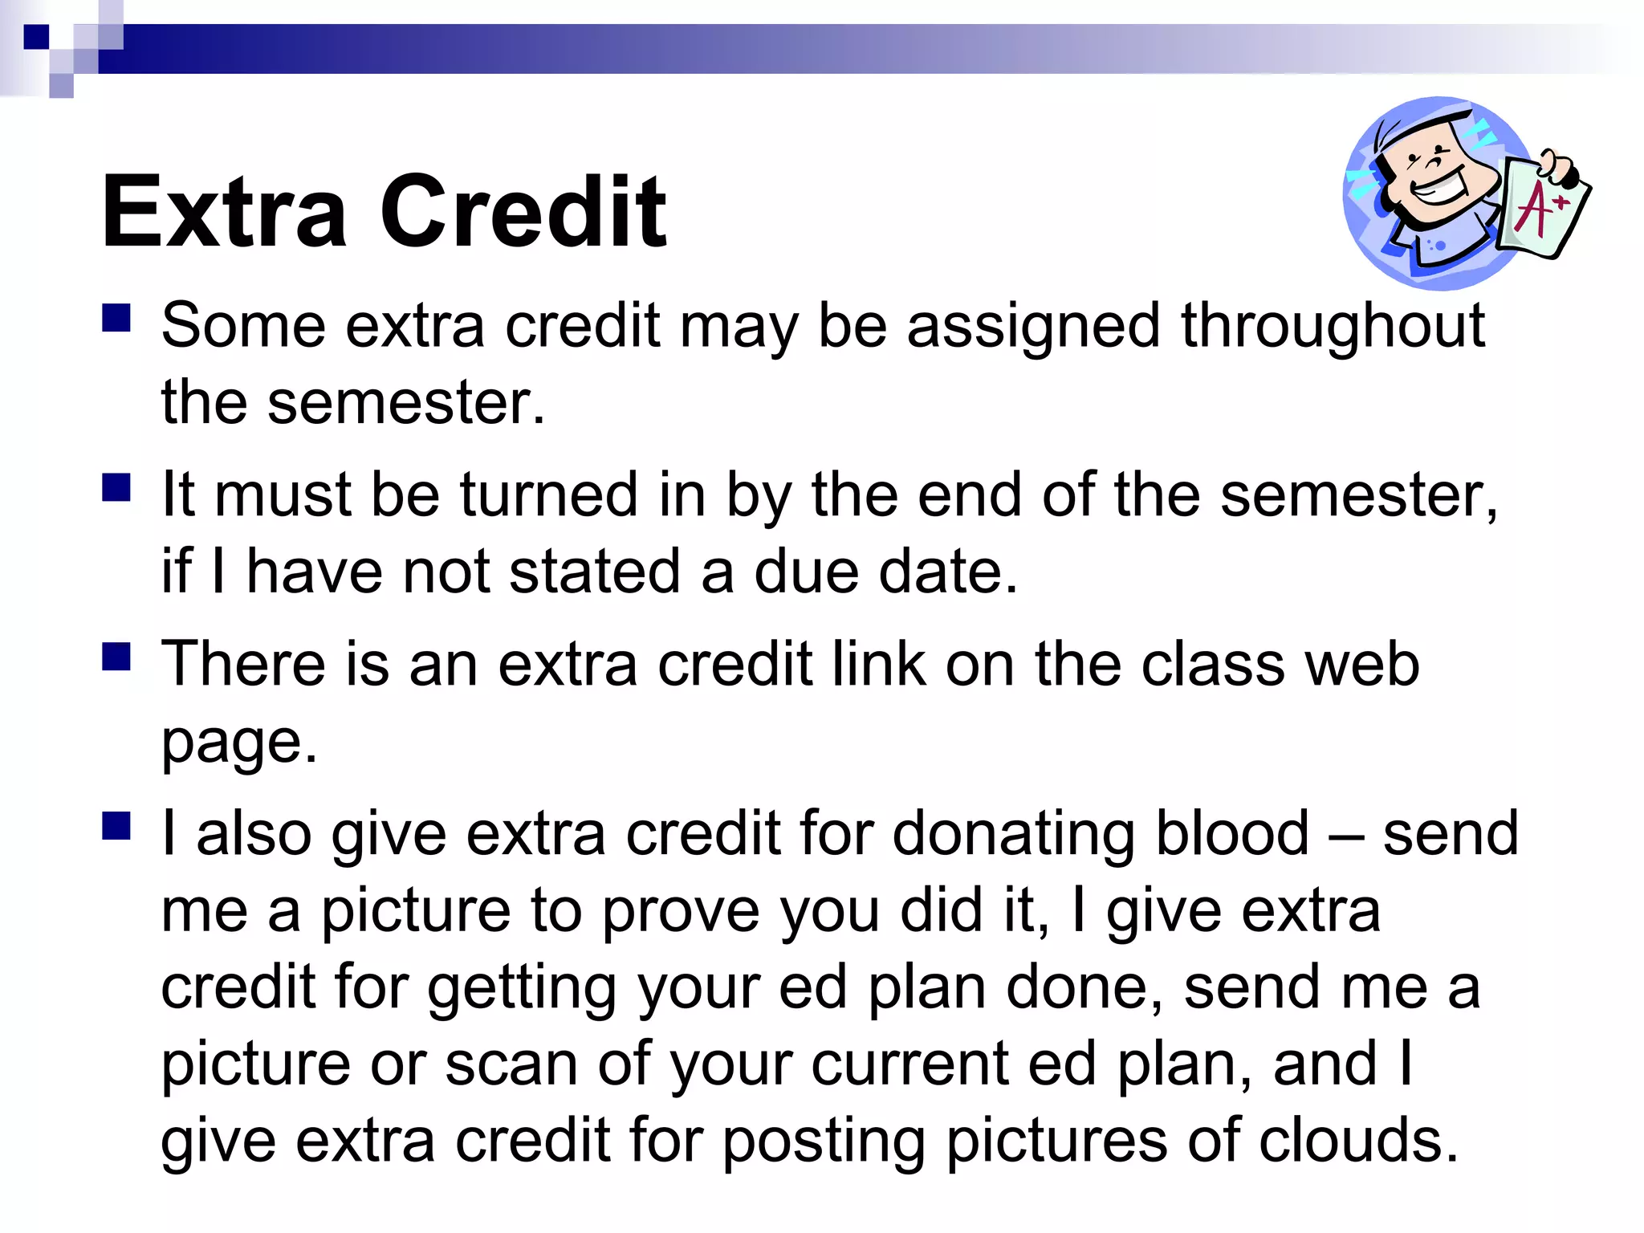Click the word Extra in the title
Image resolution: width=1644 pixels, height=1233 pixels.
[x=225, y=213]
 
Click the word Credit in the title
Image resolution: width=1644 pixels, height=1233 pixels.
[x=523, y=213]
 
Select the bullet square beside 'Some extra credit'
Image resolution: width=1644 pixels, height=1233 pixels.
[x=116, y=318]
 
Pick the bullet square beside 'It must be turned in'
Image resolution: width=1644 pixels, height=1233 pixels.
[x=116, y=487]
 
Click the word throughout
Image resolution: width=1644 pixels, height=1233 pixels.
[x=1333, y=327]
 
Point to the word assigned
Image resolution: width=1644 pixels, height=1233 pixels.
[x=1033, y=327]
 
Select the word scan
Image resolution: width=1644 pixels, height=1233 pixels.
[x=511, y=1064]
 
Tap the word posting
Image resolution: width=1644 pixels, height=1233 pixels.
[x=825, y=1141]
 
